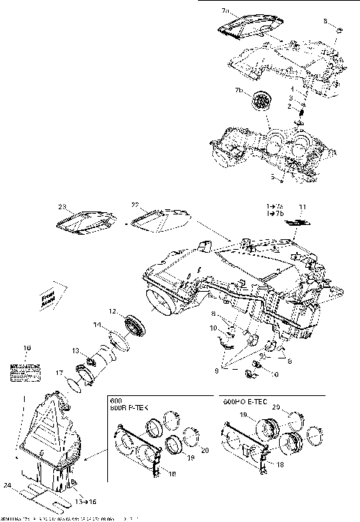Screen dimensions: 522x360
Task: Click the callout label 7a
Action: (226, 12)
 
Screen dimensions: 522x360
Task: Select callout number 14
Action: (95, 325)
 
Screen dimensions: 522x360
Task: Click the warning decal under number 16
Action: (25, 368)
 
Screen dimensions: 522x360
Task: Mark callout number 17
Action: (58, 371)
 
